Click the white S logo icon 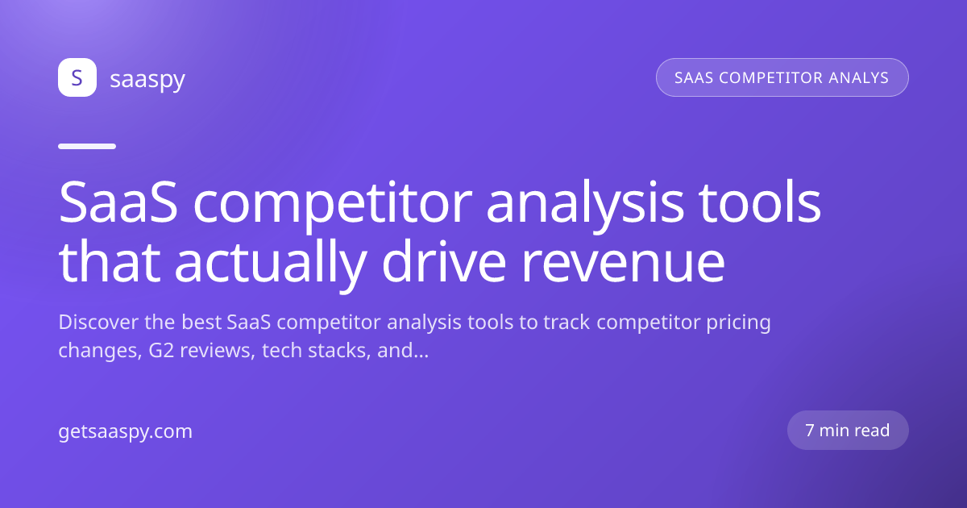[x=77, y=77]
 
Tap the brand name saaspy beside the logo [x=147, y=80]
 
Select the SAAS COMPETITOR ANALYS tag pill [x=782, y=77]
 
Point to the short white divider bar [x=87, y=147]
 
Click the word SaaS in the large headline [x=118, y=202]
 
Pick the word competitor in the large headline [x=333, y=206]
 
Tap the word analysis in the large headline [x=585, y=206]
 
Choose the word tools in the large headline [x=760, y=202]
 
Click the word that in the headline [x=110, y=261]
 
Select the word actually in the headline [x=271, y=265]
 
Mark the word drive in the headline [x=444, y=261]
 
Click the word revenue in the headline [x=623, y=265]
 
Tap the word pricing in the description [x=739, y=324]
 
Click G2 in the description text [x=161, y=350]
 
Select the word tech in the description [x=281, y=350]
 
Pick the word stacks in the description [x=339, y=350]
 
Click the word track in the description [x=567, y=323]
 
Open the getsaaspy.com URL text [x=125, y=432]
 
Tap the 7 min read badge [x=848, y=431]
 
